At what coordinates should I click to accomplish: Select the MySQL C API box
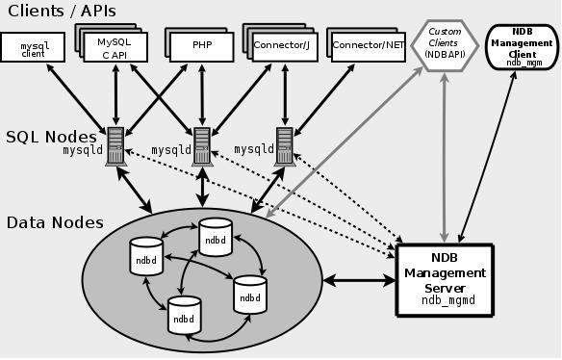120,48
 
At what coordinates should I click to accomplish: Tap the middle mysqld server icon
202,145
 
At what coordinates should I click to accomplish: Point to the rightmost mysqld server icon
284,145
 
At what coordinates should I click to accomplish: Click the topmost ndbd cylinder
215,237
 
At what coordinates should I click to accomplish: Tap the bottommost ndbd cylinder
183,315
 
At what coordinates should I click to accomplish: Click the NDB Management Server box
446,279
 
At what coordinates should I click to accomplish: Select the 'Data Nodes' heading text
55,222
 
